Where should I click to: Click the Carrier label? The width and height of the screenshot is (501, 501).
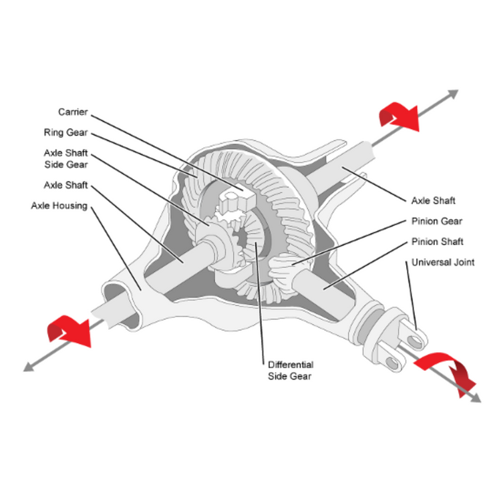point(73,112)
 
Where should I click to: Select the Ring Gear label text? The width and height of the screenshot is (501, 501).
point(66,132)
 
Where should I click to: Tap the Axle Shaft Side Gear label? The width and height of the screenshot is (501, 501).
point(65,158)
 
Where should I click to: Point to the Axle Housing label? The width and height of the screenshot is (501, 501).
point(59,206)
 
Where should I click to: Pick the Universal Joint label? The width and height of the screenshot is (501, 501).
point(444,263)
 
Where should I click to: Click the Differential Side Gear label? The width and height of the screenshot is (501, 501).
point(291,371)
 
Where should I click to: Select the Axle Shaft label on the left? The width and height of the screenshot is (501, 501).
point(65,185)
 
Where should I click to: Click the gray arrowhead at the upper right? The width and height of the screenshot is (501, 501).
point(452,94)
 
